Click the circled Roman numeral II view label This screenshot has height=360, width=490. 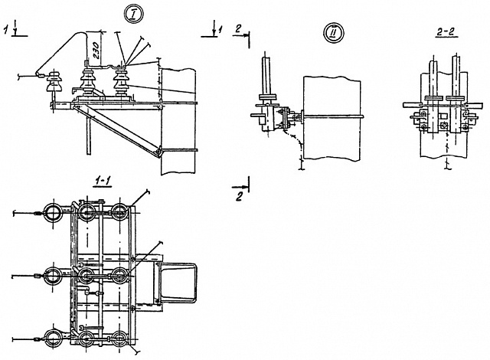click(335, 33)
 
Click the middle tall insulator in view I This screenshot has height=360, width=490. click(87, 80)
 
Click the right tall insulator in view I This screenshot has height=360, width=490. click(119, 78)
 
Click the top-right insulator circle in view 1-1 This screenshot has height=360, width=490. click(119, 212)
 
